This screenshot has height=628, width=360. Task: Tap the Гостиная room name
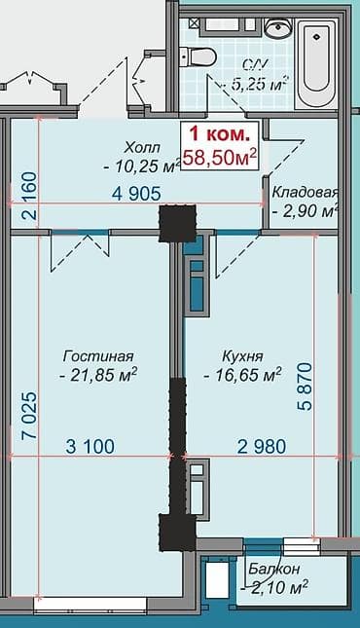pyautogui.click(x=98, y=356)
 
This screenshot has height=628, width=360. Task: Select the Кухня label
pyautogui.click(x=241, y=356)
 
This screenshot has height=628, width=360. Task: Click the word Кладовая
pyautogui.click(x=305, y=192)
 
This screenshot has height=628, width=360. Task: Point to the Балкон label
pyautogui.click(x=273, y=569)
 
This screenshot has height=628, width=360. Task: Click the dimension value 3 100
pyautogui.click(x=90, y=447)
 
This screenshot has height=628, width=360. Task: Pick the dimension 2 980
pyautogui.click(x=262, y=447)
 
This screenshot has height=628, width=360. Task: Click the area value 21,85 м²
pyautogui.click(x=98, y=375)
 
